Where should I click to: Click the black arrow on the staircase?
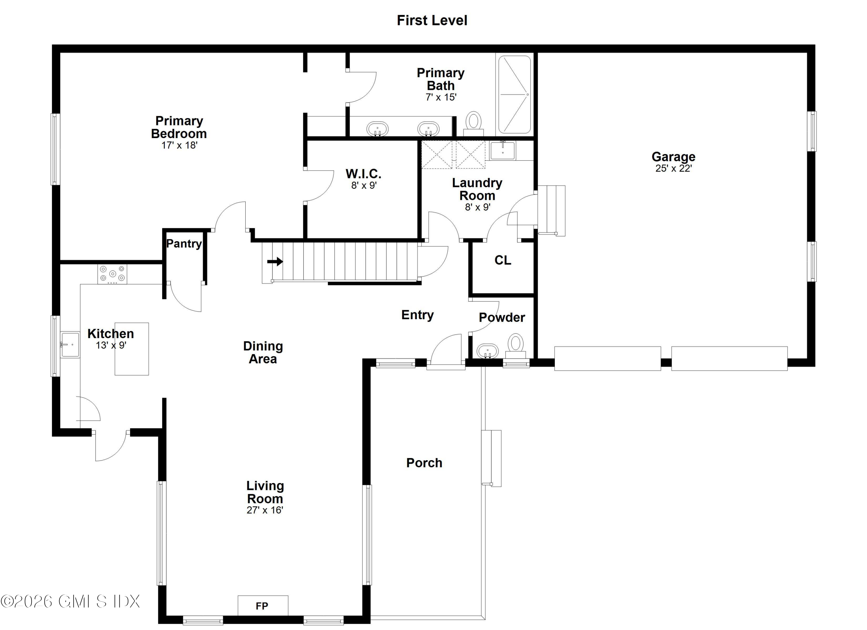(x=275, y=262)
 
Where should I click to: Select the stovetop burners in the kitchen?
(x=112, y=274)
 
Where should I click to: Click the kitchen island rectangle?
(x=132, y=349)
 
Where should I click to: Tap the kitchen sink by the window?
(x=70, y=345)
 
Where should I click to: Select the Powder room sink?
(x=488, y=351)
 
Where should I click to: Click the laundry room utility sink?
(x=502, y=150)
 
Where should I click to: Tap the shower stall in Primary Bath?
(x=514, y=94)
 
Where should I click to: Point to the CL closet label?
(x=502, y=260)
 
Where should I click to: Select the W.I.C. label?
(x=363, y=174)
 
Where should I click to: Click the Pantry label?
(x=184, y=244)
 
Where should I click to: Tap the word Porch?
(x=424, y=463)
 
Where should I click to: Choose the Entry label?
(x=417, y=315)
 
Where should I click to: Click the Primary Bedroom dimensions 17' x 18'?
(x=179, y=145)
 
